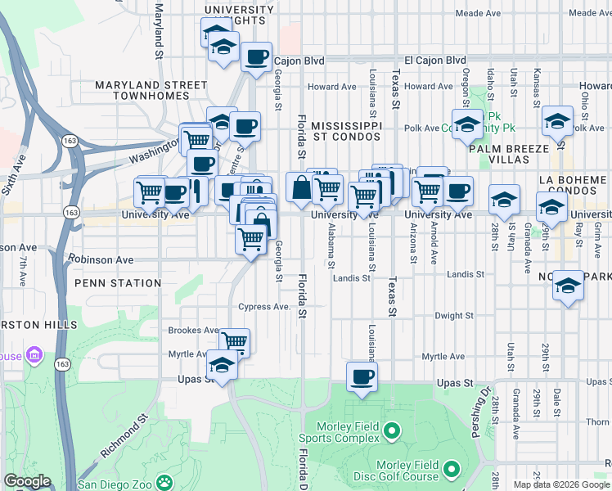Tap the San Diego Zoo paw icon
click(164, 483)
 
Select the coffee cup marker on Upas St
click(361, 377)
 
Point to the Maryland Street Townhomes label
click(151, 90)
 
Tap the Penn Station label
click(118, 283)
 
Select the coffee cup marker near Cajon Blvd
click(258, 56)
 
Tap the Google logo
click(28, 481)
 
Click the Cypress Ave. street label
click(264, 307)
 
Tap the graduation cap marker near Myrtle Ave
click(221, 364)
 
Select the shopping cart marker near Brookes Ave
click(234, 342)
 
